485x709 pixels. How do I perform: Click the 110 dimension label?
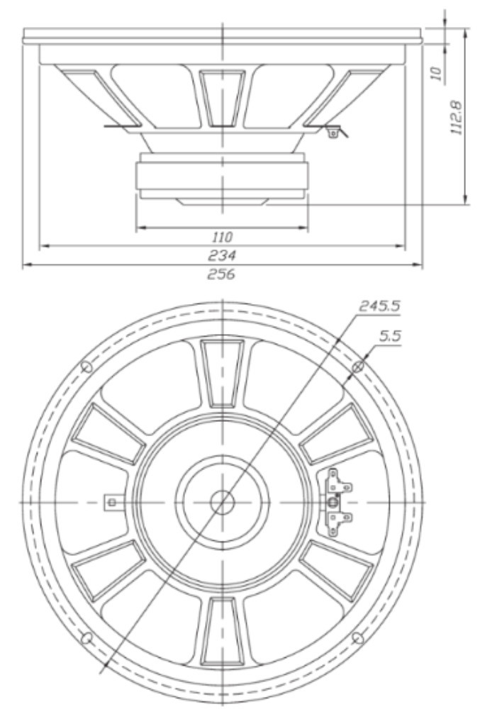(x=222, y=237)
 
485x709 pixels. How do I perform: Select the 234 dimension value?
(x=222, y=255)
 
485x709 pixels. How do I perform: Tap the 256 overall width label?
(x=221, y=274)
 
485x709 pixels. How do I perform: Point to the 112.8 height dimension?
(x=457, y=117)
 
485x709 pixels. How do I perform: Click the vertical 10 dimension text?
(x=436, y=73)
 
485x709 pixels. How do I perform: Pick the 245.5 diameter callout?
(x=379, y=306)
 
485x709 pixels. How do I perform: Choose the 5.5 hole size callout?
(x=390, y=336)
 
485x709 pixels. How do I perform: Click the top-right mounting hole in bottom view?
(x=357, y=366)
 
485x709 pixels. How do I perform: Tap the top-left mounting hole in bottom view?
(x=87, y=366)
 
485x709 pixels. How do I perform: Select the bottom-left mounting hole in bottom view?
(x=87, y=638)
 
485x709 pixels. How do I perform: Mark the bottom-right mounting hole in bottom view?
(x=357, y=638)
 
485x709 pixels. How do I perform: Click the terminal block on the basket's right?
(x=338, y=502)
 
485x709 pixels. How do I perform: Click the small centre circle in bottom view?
(x=222, y=502)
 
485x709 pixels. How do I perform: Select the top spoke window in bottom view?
(x=222, y=373)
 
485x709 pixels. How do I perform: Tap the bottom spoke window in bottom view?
(x=222, y=631)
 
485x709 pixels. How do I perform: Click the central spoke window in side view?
(x=222, y=98)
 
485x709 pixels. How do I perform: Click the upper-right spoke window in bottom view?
(x=337, y=433)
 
